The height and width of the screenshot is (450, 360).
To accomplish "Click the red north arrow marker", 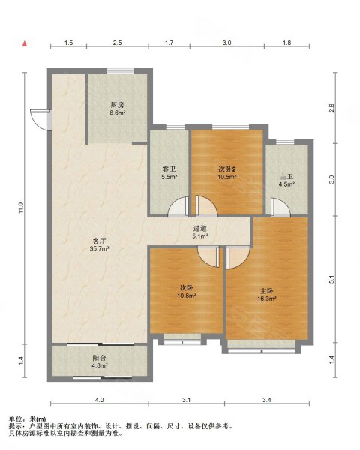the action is click(25, 43).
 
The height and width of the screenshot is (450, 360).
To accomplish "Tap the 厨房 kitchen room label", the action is click(118, 105).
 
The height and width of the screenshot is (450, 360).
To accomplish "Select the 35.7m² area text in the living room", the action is click(99, 248).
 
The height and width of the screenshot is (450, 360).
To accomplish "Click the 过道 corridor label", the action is click(199, 229).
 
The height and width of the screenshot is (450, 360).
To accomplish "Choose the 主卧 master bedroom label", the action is click(267, 291).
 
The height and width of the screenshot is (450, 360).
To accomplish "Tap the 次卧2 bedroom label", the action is click(226, 169).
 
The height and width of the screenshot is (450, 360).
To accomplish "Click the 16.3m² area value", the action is click(267, 298).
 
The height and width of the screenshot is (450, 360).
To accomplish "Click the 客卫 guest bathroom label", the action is click(169, 169).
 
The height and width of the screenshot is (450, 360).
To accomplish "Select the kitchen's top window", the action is click(121, 71).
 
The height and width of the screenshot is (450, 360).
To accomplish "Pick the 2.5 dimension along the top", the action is click(117, 43).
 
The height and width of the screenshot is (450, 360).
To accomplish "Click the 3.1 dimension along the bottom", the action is click(186, 400).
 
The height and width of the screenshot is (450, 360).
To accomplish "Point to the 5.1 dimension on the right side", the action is click(331, 279).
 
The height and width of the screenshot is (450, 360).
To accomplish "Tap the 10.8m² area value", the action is click(187, 295).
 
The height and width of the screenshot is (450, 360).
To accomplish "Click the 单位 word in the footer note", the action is click(15, 419).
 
